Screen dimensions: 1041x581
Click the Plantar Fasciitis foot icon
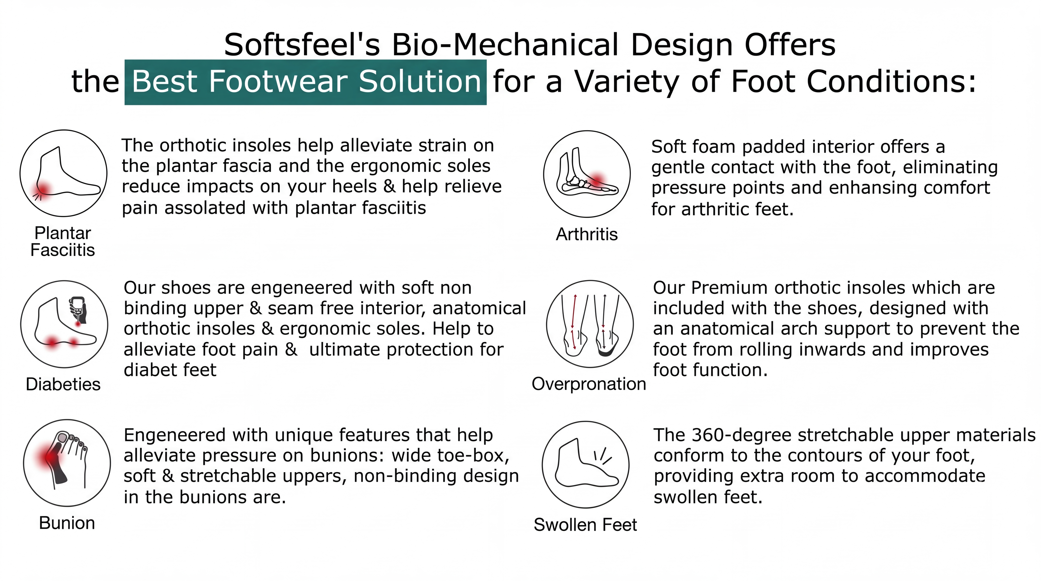point(63,173)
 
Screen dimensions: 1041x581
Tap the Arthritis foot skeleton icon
point(587,174)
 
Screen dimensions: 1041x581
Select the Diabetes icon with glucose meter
point(64,324)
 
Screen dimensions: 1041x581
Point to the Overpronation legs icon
point(590,324)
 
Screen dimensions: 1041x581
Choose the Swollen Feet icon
point(586,465)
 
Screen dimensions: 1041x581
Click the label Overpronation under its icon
point(589,384)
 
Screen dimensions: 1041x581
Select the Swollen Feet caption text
point(585,525)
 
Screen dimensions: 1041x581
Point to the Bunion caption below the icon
point(67,523)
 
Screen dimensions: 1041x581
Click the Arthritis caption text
point(587,234)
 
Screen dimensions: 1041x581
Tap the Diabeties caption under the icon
point(63,384)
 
